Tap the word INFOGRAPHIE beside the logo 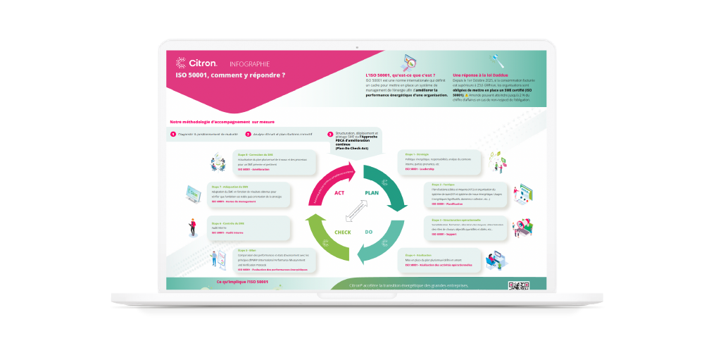pos(249,63)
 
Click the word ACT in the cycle pos(339,192)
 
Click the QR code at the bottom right pos(517,285)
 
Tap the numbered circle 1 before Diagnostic pos(173,134)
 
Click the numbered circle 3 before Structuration pos(330,134)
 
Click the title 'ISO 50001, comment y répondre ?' pos(230,75)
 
